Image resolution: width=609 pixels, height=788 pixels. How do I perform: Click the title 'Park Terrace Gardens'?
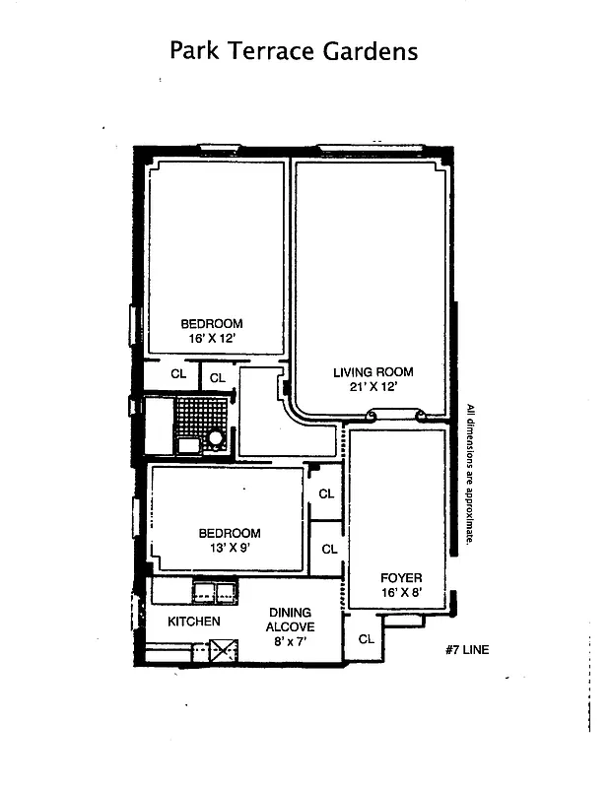[x=294, y=51]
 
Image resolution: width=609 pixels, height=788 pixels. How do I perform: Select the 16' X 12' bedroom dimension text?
[x=211, y=338]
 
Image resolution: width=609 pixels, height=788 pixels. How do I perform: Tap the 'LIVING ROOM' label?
[x=372, y=372]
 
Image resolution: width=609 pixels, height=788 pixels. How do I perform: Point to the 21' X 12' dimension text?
[x=372, y=387]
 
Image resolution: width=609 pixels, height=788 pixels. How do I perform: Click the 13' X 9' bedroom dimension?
[x=230, y=549]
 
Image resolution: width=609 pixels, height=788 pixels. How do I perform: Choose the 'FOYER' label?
[x=401, y=577]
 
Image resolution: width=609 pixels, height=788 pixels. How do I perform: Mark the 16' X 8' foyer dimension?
[x=401, y=592]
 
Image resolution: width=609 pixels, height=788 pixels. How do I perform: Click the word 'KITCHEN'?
[x=193, y=622]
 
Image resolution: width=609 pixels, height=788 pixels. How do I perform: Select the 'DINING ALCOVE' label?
[x=291, y=620]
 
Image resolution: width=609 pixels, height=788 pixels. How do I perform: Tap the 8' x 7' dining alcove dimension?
[x=291, y=641]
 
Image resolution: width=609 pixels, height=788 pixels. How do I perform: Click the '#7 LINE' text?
[x=467, y=650]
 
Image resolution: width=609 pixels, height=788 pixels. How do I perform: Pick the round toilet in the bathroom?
[x=216, y=438]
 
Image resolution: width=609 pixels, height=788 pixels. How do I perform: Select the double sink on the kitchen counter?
[x=214, y=592]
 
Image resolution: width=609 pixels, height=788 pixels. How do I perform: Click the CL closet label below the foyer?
[x=366, y=639]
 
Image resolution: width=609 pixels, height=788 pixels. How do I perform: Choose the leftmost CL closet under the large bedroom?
[x=178, y=374]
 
